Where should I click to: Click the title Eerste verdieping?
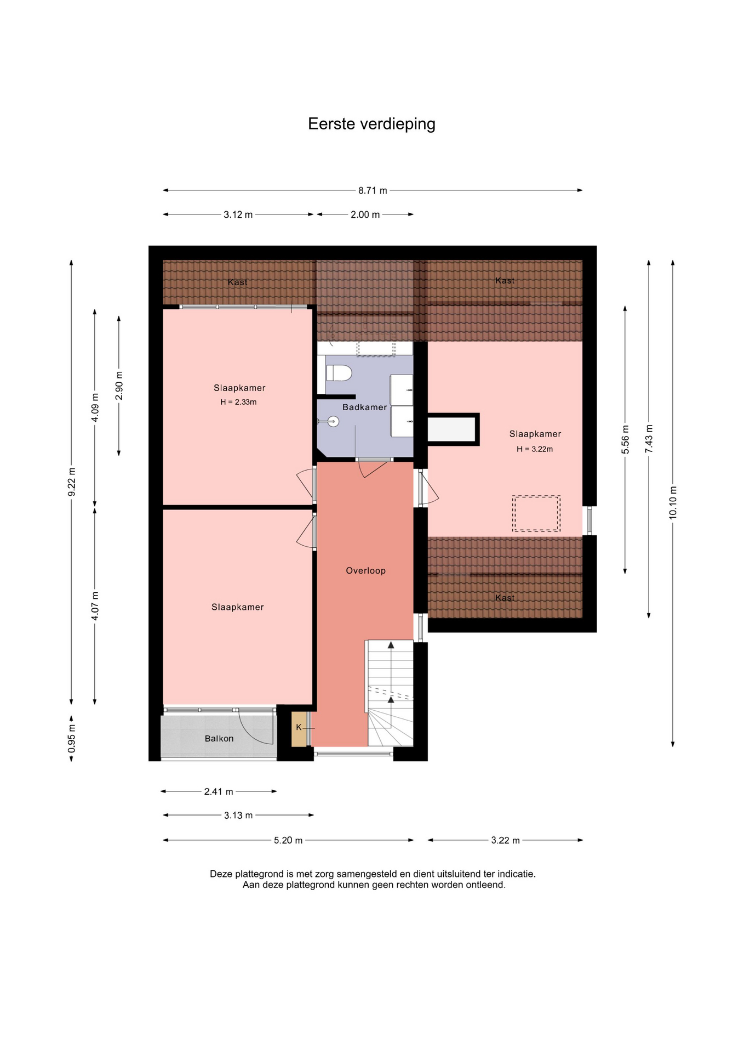tap(371, 124)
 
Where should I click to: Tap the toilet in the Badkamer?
tap(339, 373)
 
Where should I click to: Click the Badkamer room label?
tap(364, 407)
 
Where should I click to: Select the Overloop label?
tap(365, 570)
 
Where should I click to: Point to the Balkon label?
tap(219, 738)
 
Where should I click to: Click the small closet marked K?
tap(299, 728)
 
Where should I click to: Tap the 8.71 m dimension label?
tap(373, 190)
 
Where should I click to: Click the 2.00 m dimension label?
tap(365, 214)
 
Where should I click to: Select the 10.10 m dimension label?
tap(673, 502)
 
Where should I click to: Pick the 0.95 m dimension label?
tap(71, 738)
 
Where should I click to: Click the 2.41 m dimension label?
tap(219, 791)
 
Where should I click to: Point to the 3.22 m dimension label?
tap(505, 840)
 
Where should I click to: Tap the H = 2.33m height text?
tap(238, 402)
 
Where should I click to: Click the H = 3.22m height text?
tap(535, 449)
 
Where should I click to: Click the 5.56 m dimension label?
tap(625, 440)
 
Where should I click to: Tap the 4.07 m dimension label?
tap(95, 606)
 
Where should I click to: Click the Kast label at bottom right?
tap(505, 597)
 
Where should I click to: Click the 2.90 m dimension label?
tap(119, 386)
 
